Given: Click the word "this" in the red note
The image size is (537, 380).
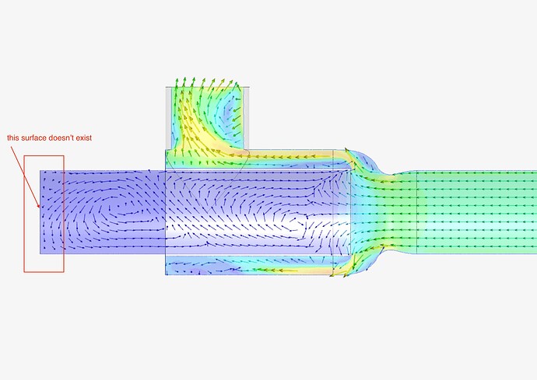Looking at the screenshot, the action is click(13, 138).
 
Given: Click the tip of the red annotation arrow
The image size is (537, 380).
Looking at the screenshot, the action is click(40, 207).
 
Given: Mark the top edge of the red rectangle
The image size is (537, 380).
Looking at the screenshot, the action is click(44, 155).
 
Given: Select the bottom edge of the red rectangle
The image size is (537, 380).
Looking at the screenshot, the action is click(44, 272).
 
